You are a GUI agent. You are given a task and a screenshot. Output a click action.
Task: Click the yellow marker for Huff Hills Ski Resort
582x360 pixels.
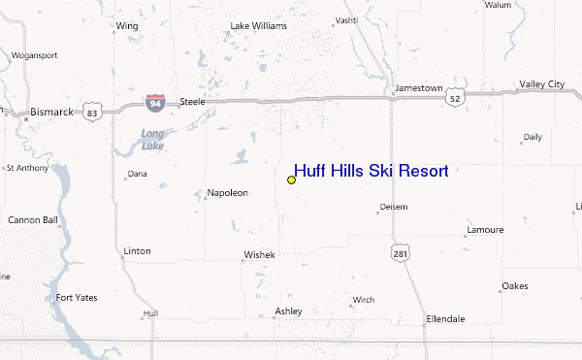coord(291,180)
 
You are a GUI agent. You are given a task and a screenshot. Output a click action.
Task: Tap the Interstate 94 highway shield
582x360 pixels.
coord(155,101)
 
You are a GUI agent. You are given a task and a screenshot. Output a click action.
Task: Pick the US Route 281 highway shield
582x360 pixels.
coord(401,252)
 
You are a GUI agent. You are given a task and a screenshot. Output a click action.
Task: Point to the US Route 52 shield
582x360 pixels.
coord(456,98)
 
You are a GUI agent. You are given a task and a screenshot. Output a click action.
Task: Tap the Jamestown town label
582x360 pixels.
coord(418,88)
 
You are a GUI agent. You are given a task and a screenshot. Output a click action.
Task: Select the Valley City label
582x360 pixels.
coord(541,84)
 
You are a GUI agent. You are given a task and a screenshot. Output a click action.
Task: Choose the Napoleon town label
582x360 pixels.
coord(227,192)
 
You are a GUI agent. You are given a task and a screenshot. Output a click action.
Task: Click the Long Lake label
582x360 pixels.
coord(152,139)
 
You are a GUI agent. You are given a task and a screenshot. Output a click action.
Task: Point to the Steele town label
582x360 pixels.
coord(192,100)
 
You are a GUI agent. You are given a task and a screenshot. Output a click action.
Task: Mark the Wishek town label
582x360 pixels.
coord(259,255)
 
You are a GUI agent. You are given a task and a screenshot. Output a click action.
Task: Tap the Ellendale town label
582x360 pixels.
coord(445,318)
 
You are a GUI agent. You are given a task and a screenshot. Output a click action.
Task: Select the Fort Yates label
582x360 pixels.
coord(78,297)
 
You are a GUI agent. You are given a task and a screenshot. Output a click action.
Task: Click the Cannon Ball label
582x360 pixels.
coord(33,219)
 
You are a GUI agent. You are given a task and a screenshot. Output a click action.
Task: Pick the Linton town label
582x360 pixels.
coord(137,250)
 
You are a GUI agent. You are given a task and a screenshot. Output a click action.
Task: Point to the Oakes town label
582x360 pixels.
coord(514,286)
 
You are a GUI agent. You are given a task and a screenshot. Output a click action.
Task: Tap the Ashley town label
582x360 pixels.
coord(288,311)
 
